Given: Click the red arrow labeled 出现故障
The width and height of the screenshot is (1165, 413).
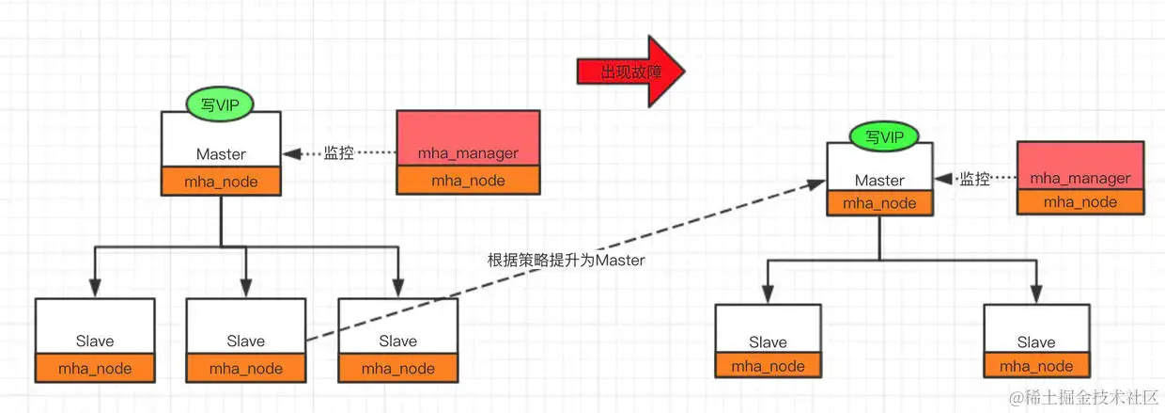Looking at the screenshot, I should (626, 72).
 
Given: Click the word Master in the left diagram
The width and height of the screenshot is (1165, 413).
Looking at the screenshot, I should (221, 153).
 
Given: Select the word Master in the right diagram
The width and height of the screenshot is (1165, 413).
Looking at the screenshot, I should (879, 180).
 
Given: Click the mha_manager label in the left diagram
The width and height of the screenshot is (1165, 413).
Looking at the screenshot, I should (468, 153).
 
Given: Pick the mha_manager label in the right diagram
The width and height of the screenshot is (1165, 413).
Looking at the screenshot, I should (1080, 178).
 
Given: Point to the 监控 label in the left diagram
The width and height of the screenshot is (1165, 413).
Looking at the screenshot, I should (339, 152).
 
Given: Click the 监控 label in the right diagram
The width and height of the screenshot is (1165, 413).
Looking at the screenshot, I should (974, 179).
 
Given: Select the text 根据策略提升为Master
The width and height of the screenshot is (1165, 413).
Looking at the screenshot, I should (567, 261).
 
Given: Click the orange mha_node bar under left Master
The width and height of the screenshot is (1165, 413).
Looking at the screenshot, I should (221, 182).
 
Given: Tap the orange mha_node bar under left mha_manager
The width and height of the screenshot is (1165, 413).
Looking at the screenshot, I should (468, 182).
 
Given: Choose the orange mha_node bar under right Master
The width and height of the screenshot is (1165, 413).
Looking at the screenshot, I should (879, 202).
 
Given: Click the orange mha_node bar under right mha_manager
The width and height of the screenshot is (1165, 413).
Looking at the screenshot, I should (1080, 202).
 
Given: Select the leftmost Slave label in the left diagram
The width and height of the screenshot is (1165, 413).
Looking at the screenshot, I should (94, 341).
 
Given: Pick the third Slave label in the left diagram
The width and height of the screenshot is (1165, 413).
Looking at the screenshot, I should (397, 341).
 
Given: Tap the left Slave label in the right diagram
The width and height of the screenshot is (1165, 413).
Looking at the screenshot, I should (768, 342).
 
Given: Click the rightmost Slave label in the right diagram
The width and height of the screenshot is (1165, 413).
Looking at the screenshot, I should (1036, 342).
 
